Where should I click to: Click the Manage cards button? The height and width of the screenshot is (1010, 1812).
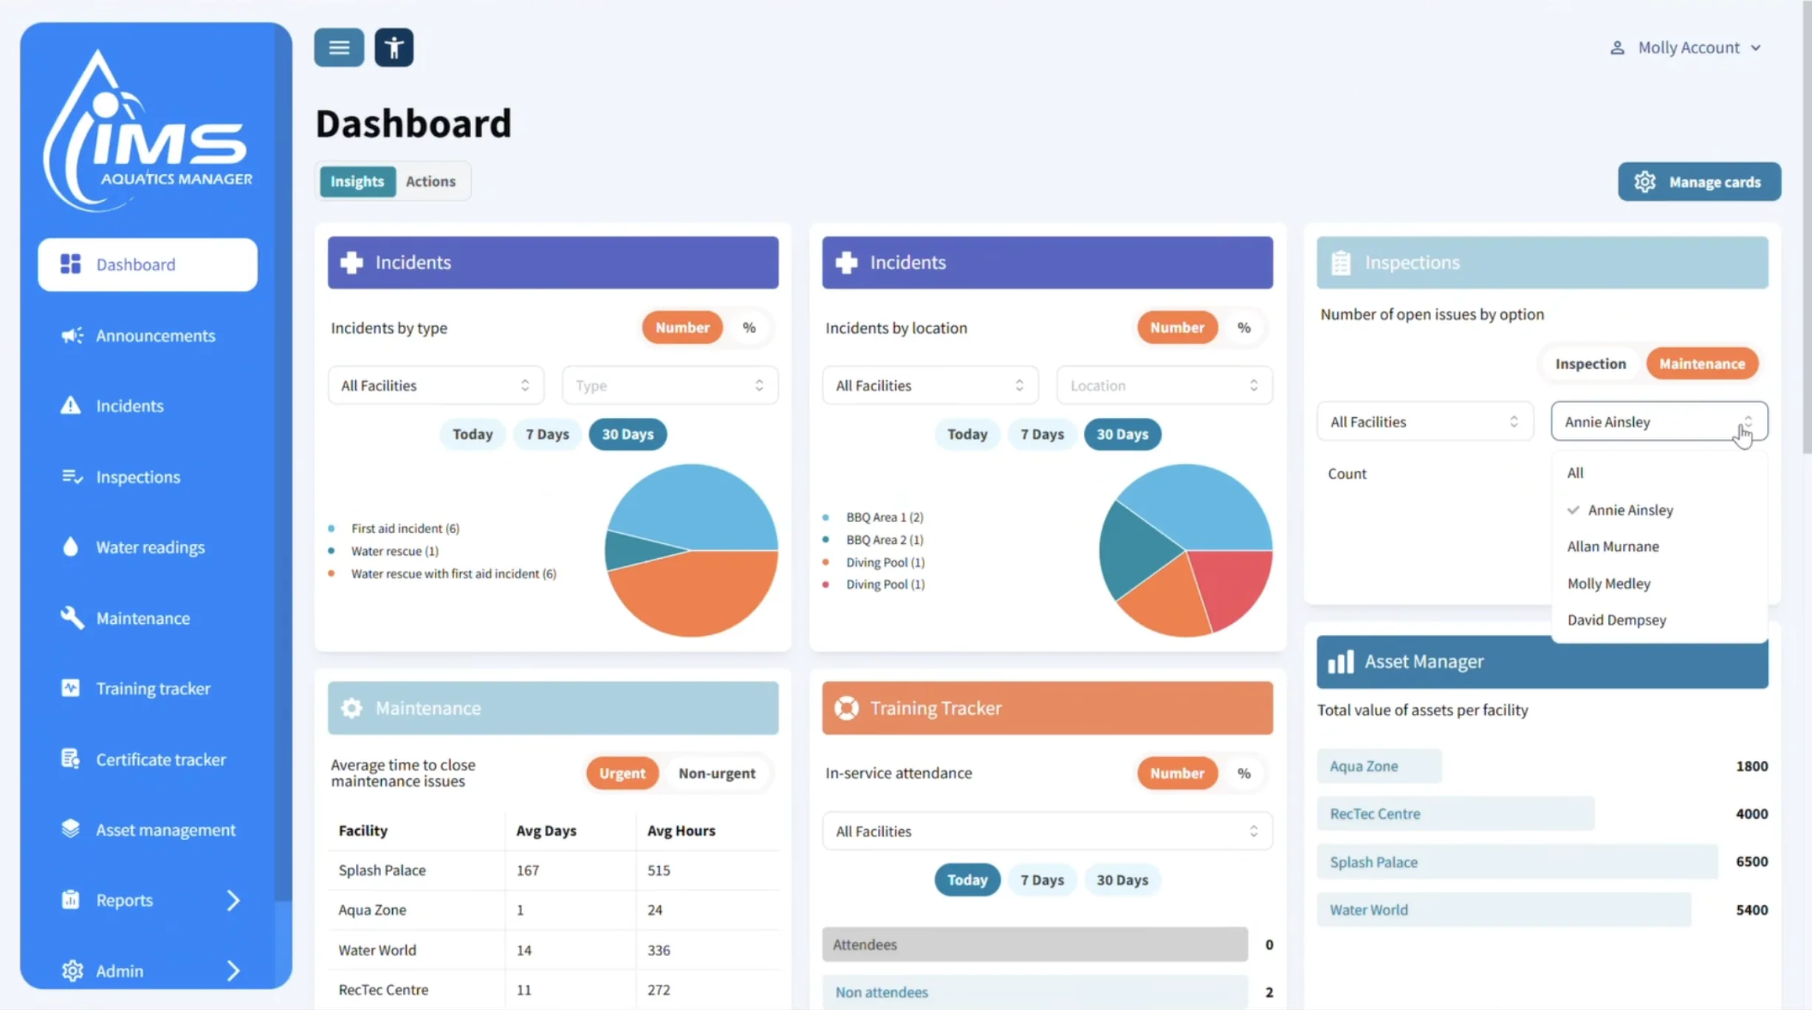click(x=1699, y=182)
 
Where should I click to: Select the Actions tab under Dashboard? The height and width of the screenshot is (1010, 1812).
click(x=430, y=182)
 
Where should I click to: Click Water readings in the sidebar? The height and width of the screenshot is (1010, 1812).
click(x=150, y=547)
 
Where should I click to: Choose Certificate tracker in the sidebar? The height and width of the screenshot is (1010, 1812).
click(x=160, y=759)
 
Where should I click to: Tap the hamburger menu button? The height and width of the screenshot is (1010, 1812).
click(x=339, y=48)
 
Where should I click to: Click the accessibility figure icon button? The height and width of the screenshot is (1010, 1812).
click(x=394, y=48)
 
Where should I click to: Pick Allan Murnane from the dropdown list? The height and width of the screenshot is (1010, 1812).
click(x=1613, y=546)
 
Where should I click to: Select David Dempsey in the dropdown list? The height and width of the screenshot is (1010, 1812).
click(x=1616, y=620)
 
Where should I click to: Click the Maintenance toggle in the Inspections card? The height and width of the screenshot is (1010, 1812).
click(x=1702, y=364)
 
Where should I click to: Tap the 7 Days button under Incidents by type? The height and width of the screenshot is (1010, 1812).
click(x=547, y=434)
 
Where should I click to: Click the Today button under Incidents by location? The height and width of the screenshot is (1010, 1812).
click(x=967, y=434)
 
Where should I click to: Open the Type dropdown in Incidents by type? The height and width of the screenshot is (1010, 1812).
click(x=670, y=385)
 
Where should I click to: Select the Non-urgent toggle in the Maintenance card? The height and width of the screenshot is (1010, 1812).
click(x=716, y=773)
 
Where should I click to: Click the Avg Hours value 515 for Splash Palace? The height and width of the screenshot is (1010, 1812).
click(x=659, y=870)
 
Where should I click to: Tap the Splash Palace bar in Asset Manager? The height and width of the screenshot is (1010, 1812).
click(x=1517, y=862)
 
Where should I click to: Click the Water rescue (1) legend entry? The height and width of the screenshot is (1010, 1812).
click(x=394, y=552)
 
